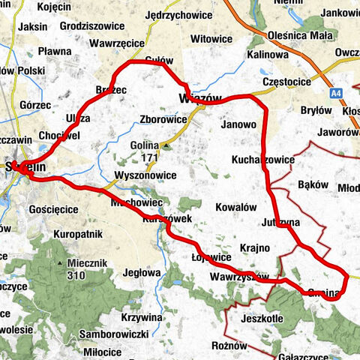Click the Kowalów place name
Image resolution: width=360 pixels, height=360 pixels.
coord(235,207)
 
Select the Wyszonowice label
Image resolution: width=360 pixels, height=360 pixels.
coord(145,175)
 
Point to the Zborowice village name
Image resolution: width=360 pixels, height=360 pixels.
coord(163,119)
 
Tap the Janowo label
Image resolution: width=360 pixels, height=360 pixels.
coord(240,125)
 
